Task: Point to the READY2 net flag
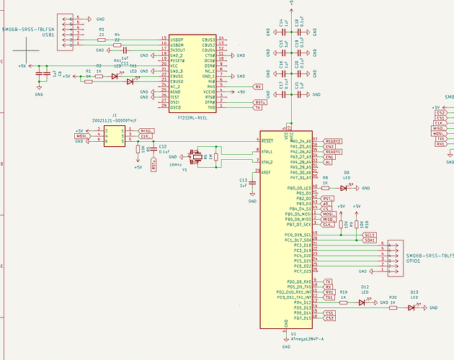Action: point(332,141)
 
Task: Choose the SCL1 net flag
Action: point(370,235)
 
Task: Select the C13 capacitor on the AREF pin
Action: point(253,184)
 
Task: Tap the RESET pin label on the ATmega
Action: point(268,140)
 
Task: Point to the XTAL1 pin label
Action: point(268,151)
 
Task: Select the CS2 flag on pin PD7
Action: point(329,318)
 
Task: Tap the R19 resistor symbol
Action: point(344,302)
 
